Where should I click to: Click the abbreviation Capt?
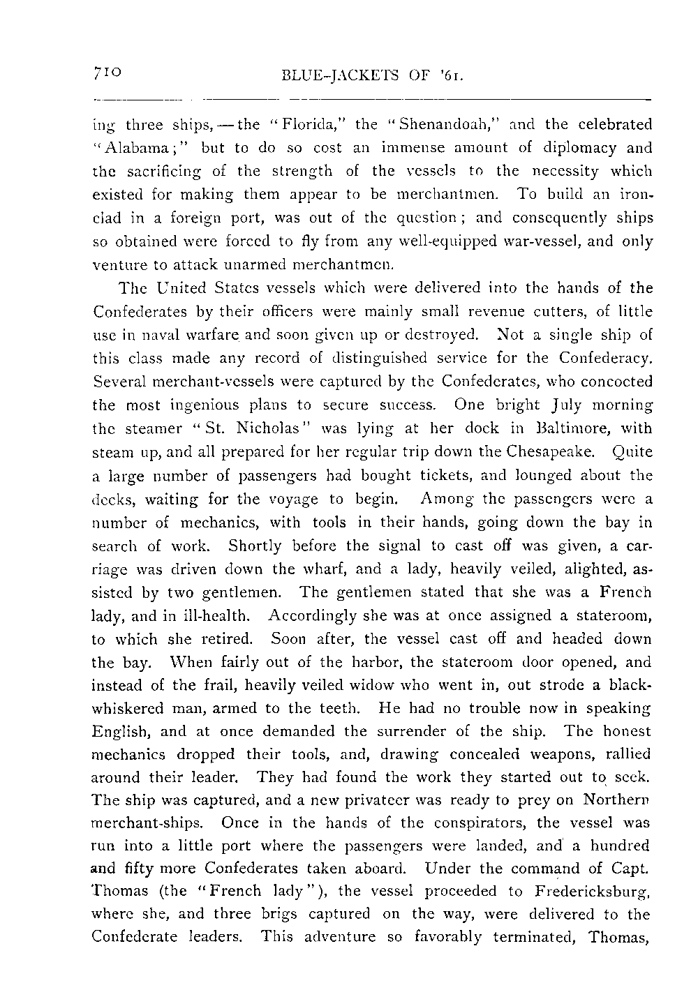pyautogui.click(x=634, y=869)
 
